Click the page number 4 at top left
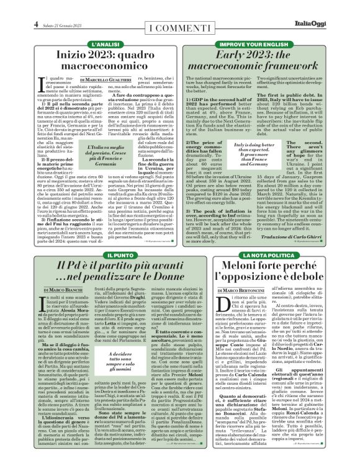coord(17,7)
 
